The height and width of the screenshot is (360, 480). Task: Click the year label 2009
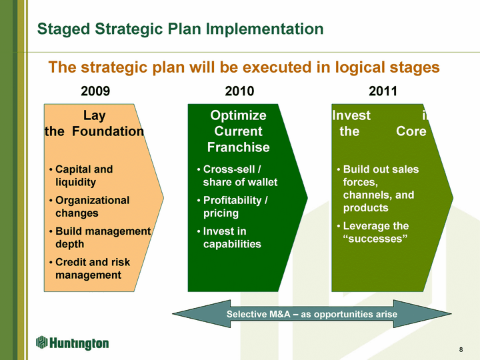[95, 91]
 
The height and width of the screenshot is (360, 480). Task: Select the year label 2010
[239, 91]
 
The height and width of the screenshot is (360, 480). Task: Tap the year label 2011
[383, 91]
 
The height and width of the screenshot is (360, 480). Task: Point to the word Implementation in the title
[265, 29]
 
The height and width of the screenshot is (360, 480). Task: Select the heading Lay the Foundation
[94, 123]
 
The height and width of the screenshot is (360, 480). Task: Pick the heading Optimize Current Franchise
[238, 131]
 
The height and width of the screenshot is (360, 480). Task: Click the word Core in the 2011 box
[411, 131]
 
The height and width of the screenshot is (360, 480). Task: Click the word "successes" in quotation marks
[375, 239]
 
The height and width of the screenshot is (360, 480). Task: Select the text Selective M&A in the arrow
[259, 314]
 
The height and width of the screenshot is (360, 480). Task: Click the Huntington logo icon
[41, 342]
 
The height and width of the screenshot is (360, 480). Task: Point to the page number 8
[461, 349]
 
